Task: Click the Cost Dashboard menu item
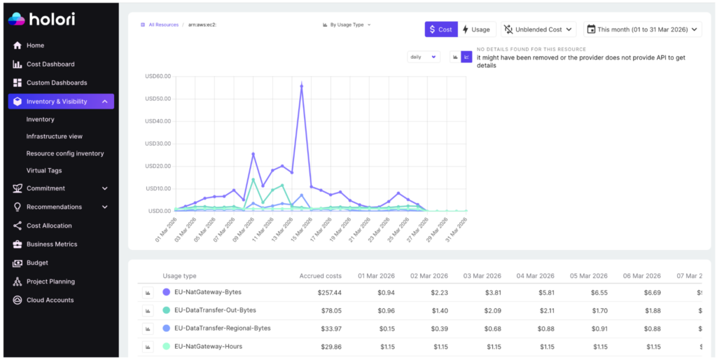pyautogui.click(x=50, y=64)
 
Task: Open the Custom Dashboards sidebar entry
pyautogui.click(x=56, y=83)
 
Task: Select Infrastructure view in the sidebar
pyautogui.click(x=54, y=137)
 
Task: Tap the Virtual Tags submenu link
pyautogui.click(x=44, y=170)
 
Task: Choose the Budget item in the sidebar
pyautogui.click(x=37, y=263)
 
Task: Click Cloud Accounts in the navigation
pyautogui.click(x=50, y=300)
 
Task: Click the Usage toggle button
pyautogui.click(x=476, y=29)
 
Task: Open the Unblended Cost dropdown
pyautogui.click(x=538, y=29)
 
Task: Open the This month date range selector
pyautogui.click(x=643, y=29)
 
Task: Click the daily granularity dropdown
pyautogui.click(x=424, y=57)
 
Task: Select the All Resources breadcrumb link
pyautogui.click(x=163, y=25)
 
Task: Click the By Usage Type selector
pyautogui.click(x=347, y=25)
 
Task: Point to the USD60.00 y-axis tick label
pyautogui.click(x=158, y=76)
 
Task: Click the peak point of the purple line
pyautogui.click(x=301, y=86)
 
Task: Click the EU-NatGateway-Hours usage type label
pyautogui.click(x=208, y=346)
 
